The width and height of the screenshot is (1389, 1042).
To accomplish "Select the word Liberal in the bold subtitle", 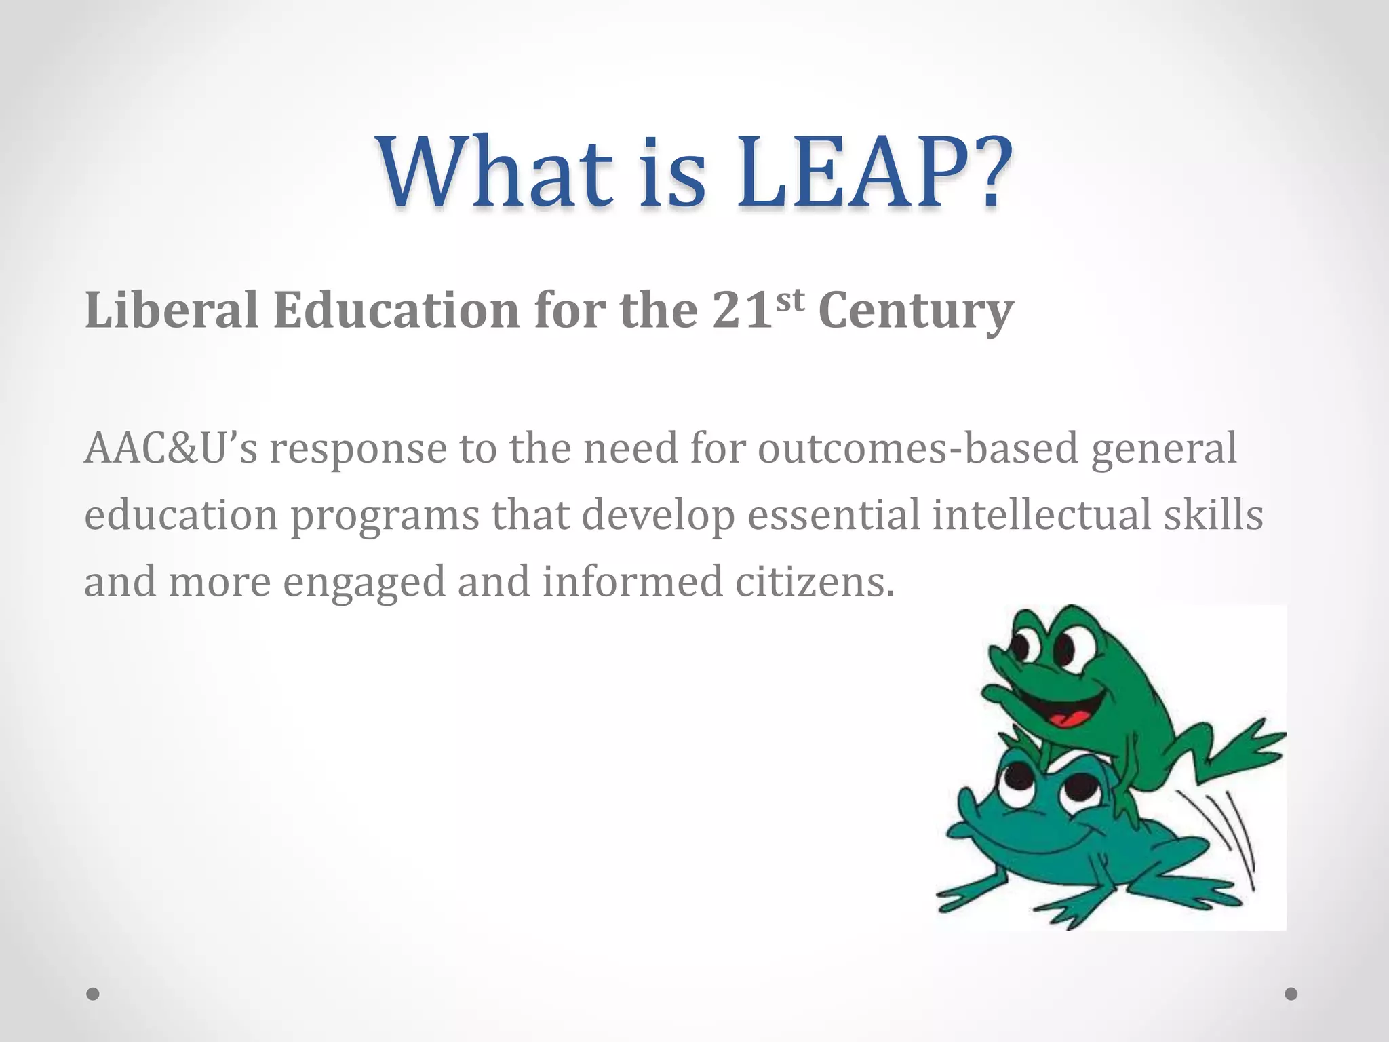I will point(172,310).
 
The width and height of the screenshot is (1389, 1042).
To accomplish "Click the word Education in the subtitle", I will point(396,310).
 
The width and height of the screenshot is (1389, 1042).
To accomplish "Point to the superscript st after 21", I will point(789,299).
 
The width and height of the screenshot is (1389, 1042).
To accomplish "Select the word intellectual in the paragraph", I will point(1042,514).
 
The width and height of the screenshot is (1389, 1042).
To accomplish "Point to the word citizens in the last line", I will point(815,581).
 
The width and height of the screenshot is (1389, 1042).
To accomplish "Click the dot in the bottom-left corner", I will point(93,994).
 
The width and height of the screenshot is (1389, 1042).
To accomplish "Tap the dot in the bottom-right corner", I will point(1291,994).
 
